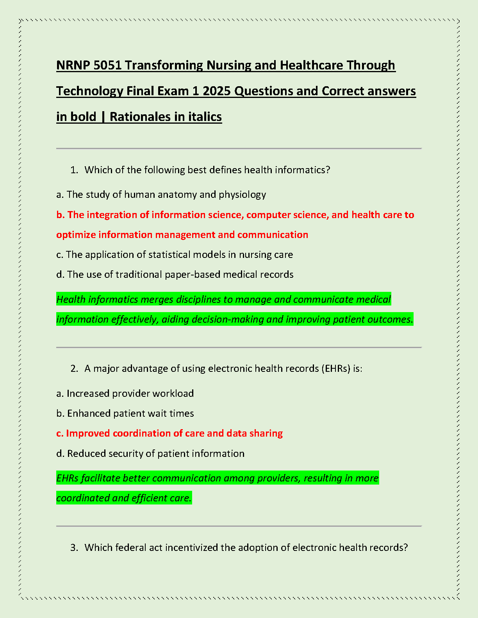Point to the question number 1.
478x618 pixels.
pos(74,170)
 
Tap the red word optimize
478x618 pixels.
pos(76,235)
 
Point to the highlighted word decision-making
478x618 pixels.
pos(213,320)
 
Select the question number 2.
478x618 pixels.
pos(74,369)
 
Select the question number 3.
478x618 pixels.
pos(74,548)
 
